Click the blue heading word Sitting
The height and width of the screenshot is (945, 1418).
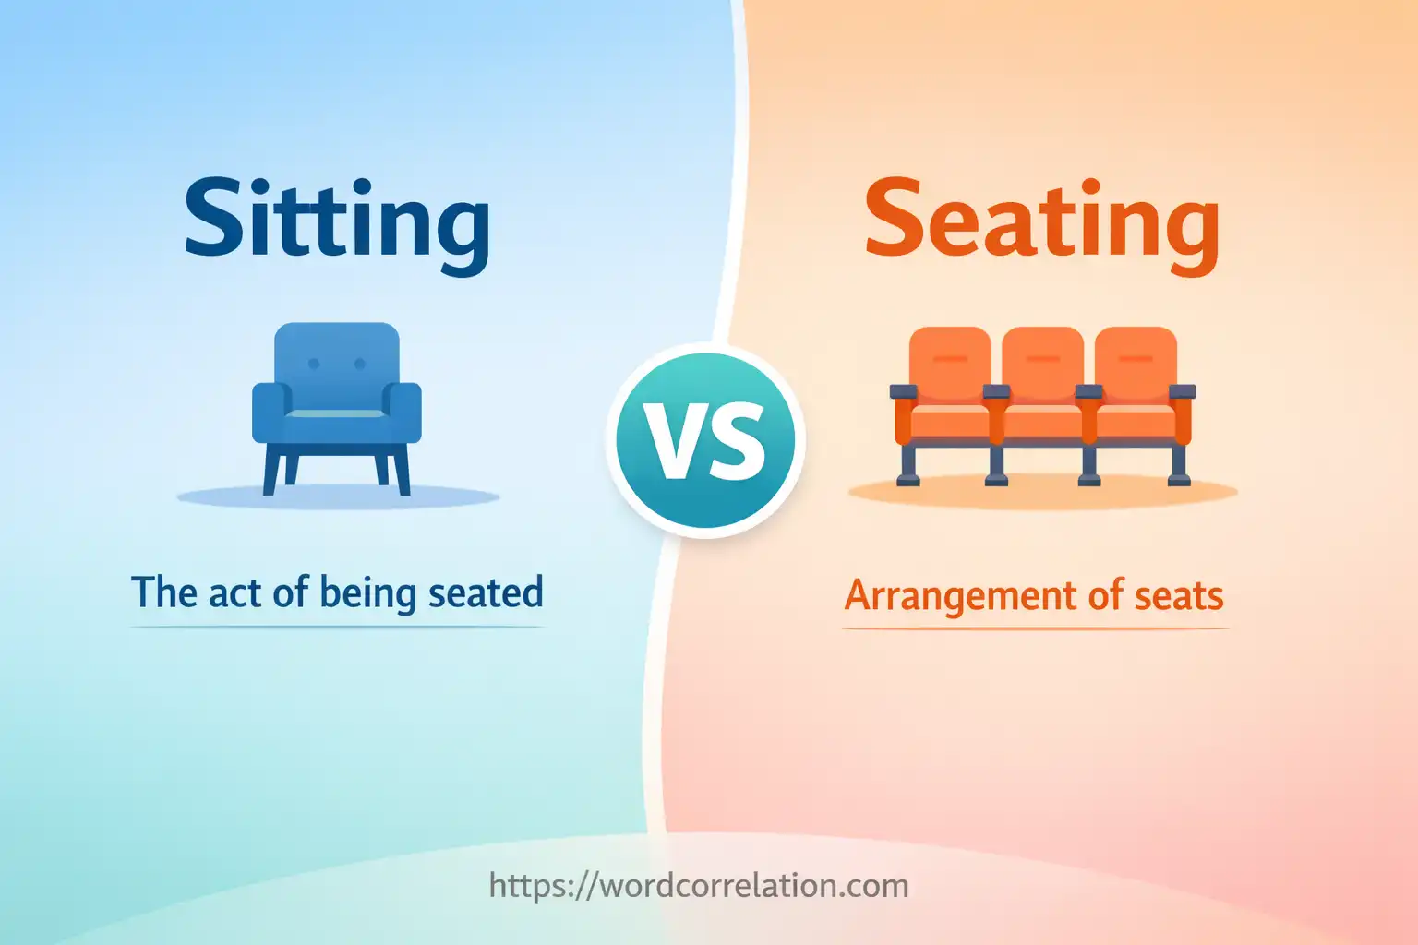click(x=337, y=221)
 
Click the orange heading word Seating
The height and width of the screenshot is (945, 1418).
click(x=1041, y=221)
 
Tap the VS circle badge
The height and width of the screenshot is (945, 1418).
click(x=706, y=439)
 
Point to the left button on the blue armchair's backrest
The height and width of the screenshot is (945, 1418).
click(x=314, y=364)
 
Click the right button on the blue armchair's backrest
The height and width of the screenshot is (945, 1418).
click(x=361, y=364)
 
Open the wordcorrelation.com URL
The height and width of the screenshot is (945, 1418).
click(x=699, y=886)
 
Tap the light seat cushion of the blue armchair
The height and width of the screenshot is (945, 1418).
click(x=336, y=413)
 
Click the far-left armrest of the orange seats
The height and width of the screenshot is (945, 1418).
click(x=903, y=392)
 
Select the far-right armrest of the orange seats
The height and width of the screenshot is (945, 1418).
click(x=1183, y=392)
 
